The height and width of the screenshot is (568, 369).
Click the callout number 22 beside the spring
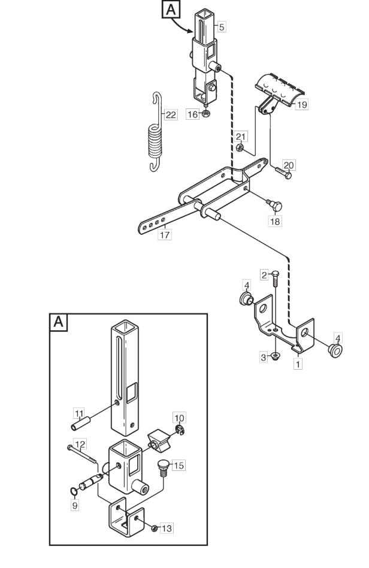171,115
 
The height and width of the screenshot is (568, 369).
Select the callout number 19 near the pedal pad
301,105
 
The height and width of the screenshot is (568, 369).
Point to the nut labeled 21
240,148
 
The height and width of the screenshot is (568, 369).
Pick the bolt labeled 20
284,173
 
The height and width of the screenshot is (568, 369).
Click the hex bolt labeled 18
275,205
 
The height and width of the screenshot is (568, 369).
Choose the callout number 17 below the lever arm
165,234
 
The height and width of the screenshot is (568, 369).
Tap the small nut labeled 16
205,113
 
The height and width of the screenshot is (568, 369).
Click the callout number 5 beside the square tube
222,26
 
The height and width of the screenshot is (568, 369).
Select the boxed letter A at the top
171,10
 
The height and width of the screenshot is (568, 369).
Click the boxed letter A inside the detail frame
58,322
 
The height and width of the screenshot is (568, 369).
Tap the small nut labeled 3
275,356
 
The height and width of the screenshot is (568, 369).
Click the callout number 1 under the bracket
298,364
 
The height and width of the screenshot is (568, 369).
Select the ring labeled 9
74,491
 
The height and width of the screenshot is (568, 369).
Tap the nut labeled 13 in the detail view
154,528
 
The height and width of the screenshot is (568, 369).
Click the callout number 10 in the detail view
179,418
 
